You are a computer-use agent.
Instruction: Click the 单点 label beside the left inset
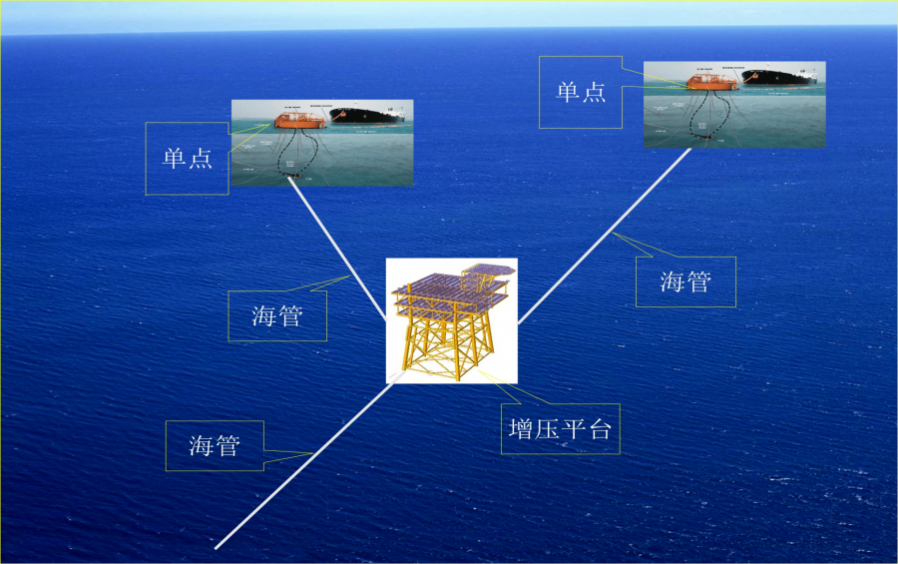coord(188,159)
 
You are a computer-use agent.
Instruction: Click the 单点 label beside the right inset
coord(581,92)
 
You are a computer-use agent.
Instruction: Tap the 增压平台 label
coord(559,429)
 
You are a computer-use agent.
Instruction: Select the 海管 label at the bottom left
coord(215,445)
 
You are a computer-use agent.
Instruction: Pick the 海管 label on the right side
coord(685,282)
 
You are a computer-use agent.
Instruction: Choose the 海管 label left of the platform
coord(277,316)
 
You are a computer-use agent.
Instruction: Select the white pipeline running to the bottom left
coord(299,469)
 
